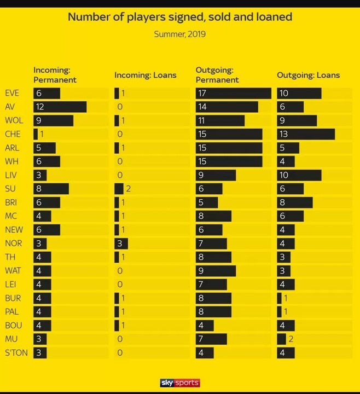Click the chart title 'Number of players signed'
pos(179,17)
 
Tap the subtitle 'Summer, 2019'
pos(179,34)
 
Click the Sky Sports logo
pos(179,383)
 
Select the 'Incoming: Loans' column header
pos(145,75)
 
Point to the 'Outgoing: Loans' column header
pos(308,75)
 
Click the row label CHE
pos(13,134)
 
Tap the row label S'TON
pos(16,353)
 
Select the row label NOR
pos(13,244)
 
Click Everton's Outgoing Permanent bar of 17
pos(234,93)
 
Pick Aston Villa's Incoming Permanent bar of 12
pos(60,107)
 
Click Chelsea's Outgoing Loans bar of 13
pos(306,134)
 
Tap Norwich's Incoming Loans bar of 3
pos(121,244)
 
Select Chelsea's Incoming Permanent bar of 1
pos(36,134)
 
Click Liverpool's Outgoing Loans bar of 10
pos(299,175)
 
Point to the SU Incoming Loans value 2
pos(128,189)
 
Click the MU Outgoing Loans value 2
pos(291,339)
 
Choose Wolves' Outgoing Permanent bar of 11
pos(220,120)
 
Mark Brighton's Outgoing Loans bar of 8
pos(295,202)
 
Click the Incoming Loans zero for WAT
pos(119,271)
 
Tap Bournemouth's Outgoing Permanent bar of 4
pos(205,326)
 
